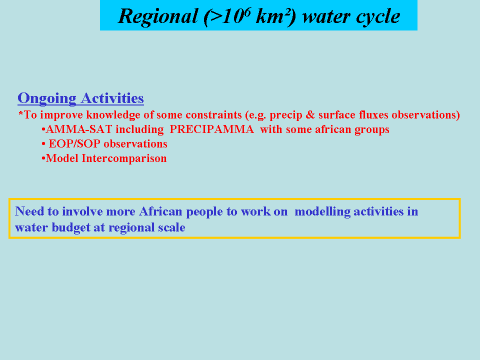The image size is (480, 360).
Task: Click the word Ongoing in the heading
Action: click(x=47, y=99)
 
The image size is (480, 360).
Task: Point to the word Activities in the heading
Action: click(x=112, y=98)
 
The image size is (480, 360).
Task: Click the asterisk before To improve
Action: click(x=20, y=114)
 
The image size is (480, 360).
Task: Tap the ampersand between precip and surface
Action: click(x=310, y=115)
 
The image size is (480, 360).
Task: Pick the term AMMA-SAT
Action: click(x=79, y=129)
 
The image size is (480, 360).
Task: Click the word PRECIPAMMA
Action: click(x=212, y=129)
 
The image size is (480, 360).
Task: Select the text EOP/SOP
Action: click(x=74, y=144)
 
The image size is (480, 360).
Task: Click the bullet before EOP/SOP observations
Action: click(x=43, y=144)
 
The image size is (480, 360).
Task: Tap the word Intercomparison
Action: click(x=124, y=158)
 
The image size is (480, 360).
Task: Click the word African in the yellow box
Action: click(x=160, y=211)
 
